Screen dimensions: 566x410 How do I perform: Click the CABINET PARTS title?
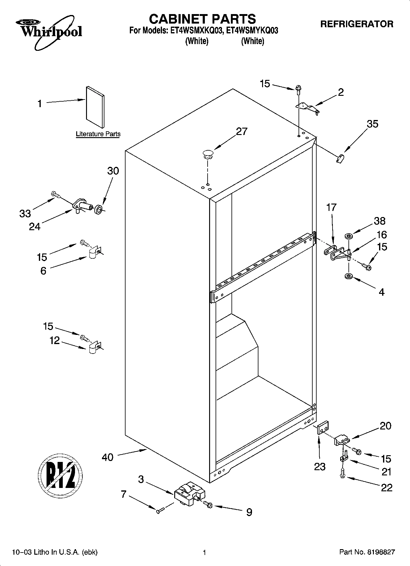tap(202, 19)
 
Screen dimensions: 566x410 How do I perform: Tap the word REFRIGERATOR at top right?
tap(356, 24)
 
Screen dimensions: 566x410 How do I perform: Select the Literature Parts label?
tap(98, 134)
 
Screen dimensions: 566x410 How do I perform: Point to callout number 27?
tap(242, 132)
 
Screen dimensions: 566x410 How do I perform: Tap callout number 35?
tap(372, 124)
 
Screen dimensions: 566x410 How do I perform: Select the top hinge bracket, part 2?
tap(307, 108)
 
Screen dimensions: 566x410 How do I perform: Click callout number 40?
tap(107, 457)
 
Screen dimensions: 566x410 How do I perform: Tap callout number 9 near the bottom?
tap(249, 512)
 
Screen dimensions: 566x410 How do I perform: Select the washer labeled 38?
tap(348, 236)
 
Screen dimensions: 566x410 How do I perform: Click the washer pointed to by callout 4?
tap(348, 276)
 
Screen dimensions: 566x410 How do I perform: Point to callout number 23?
tap(320, 467)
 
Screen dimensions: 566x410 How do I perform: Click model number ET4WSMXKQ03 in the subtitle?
tap(195, 31)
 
